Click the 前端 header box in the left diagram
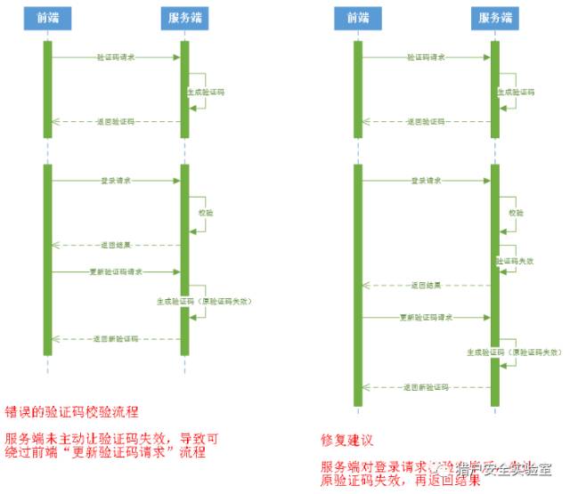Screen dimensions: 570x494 (x=48, y=18)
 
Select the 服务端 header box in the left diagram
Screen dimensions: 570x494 (x=184, y=18)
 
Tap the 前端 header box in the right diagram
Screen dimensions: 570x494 (x=357, y=18)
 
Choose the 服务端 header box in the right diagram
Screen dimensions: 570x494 (x=495, y=18)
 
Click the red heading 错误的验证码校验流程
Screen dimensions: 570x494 (x=72, y=412)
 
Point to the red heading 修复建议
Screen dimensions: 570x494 (x=346, y=440)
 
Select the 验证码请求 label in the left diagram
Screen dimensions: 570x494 (x=116, y=57)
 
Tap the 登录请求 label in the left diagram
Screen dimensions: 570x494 (x=116, y=180)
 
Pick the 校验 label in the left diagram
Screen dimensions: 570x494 (x=206, y=213)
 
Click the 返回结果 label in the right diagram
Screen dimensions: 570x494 (x=426, y=286)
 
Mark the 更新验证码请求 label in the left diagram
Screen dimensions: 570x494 (x=116, y=271)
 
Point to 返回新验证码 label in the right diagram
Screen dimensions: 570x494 (x=426, y=387)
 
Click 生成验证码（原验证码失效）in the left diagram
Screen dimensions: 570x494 (x=204, y=302)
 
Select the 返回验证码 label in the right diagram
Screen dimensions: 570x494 (x=426, y=121)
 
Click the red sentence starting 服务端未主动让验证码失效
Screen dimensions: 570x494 (x=110, y=445)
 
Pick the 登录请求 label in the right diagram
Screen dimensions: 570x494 (x=426, y=180)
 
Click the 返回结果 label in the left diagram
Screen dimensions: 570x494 (x=116, y=243)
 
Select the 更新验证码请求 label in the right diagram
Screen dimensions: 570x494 (x=426, y=317)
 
